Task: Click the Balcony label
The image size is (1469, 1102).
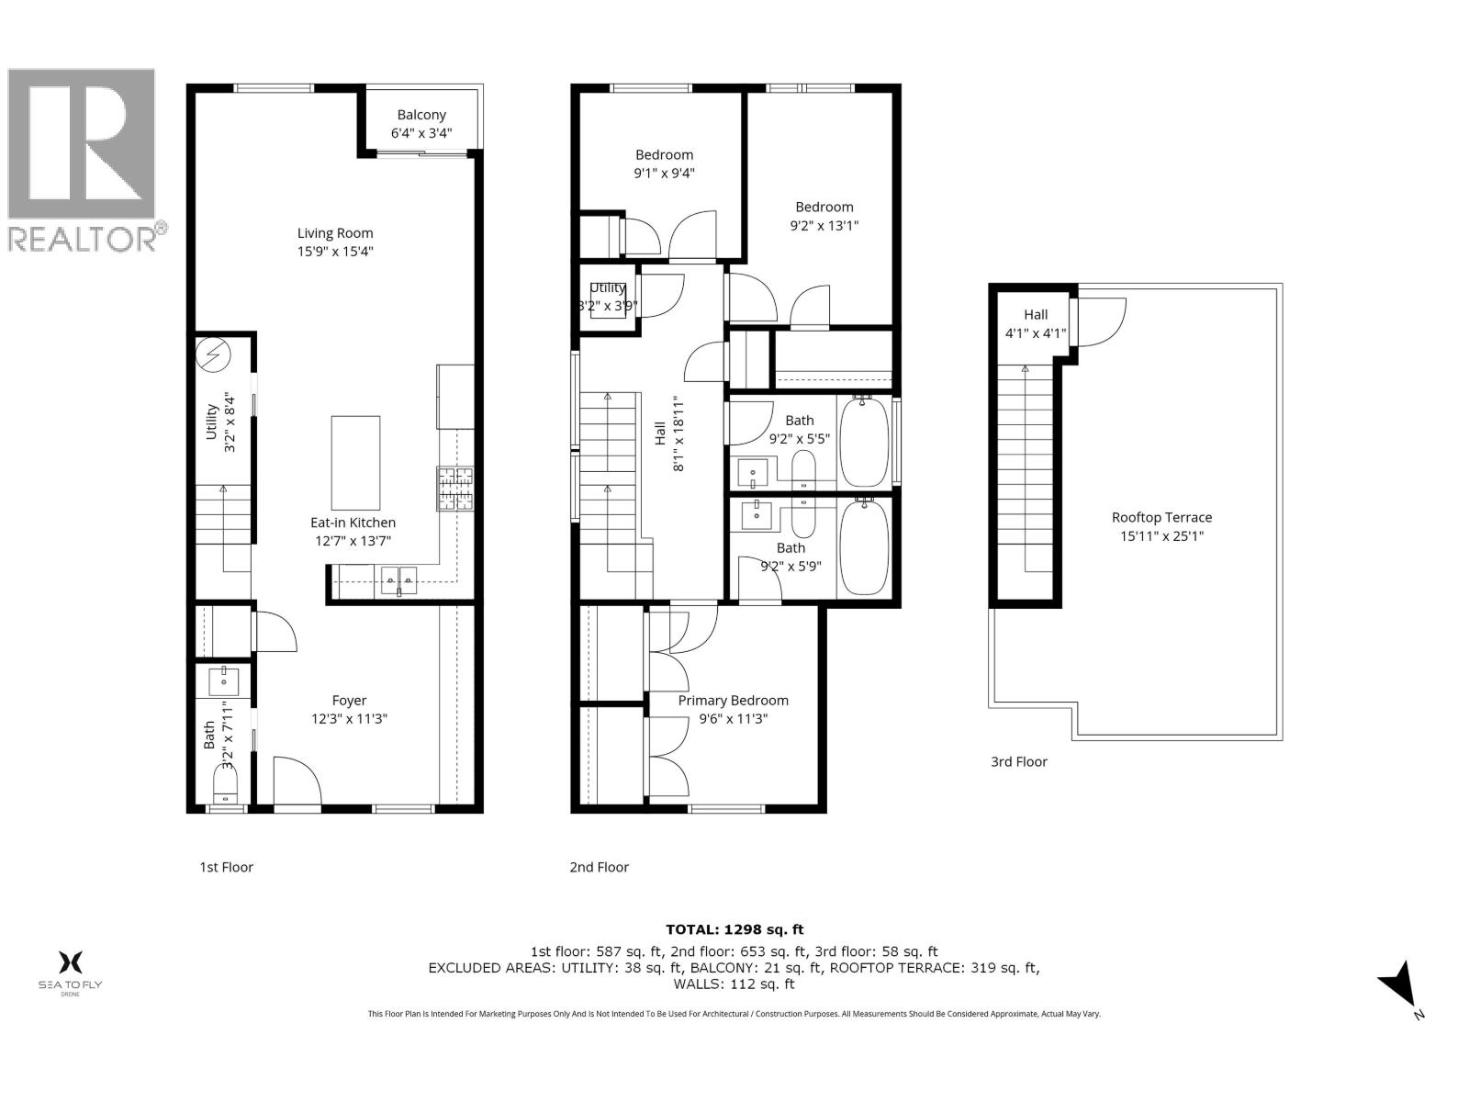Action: (421, 115)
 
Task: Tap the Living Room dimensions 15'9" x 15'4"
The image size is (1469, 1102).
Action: (334, 251)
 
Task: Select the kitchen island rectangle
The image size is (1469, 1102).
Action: (355, 463)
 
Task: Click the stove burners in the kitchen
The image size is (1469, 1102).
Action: (455, 489)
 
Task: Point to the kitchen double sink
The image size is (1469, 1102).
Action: (398, 579)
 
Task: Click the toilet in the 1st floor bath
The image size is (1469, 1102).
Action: (225, 785)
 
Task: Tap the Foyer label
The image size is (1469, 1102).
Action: (349, 700)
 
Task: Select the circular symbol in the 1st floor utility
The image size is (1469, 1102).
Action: (217, 355)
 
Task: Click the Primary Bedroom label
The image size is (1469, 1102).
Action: (733, 700)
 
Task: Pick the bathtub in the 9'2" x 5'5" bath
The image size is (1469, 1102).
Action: (864, 441)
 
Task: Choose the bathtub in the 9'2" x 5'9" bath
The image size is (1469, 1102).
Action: (864, 547)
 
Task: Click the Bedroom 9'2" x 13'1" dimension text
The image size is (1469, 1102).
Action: (824, 225)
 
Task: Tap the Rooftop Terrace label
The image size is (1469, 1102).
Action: (1161, 517)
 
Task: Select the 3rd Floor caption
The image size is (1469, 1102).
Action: (1018, 761)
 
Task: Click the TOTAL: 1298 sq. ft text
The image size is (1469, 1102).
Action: (734, 929)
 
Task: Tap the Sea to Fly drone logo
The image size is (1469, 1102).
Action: (70, 972)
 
